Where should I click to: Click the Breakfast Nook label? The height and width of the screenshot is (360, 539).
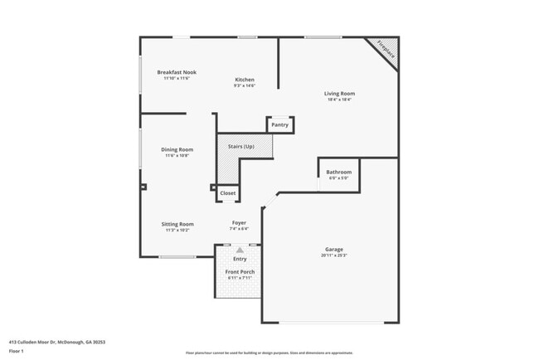pyautogui.click(x=177, y=72)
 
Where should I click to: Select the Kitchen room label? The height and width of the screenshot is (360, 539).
pyautogui.click(x=244, y=80)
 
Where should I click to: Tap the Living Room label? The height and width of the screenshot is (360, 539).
pyautogui.click(x=339, y=94)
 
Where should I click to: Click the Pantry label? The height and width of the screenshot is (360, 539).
pyautogui.click(x=279, y=125)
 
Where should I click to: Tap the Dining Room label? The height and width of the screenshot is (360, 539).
pyautogui.click(x=177, y=149)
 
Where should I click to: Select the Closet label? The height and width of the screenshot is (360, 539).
pyautogui.click(x=227, y=193)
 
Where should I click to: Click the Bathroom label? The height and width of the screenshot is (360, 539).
pyautogui.click(x=338, y=172)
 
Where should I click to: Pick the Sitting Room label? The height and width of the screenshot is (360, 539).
pyautogui.click(x=177, y=223)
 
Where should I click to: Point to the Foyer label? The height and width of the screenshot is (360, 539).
pyautogui.click(x=239, y=222)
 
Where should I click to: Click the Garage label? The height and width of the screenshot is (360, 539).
pyautogui.click(x=334, y=249)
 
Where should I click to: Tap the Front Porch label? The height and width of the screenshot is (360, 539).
pyautogui.click(x=240, y=272)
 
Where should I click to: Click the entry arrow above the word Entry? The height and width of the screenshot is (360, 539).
pyautogui.click(x=240, y=249)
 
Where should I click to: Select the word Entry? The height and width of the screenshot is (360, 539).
pyautogui.click(x=240, y=259)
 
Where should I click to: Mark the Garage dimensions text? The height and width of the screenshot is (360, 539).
pyautogui.click(x=334, y=255)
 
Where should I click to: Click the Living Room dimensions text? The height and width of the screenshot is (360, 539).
pyautogui.click(x=339, y=100)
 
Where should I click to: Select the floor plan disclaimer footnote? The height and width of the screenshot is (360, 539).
pyautogui.click(x=269, y=353)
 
